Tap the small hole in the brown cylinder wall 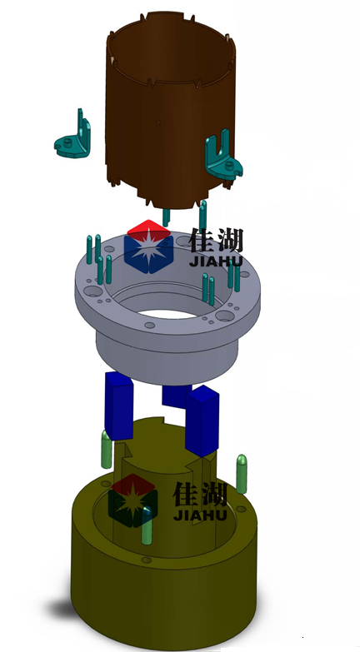(157, 122)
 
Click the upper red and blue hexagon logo (148, 246)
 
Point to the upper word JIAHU (216, 261)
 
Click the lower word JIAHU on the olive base (200, 515)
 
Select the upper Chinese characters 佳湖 (217, 241)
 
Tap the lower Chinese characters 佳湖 (200, 494)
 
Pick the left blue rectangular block (118, 406)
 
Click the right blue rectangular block (202, 421)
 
